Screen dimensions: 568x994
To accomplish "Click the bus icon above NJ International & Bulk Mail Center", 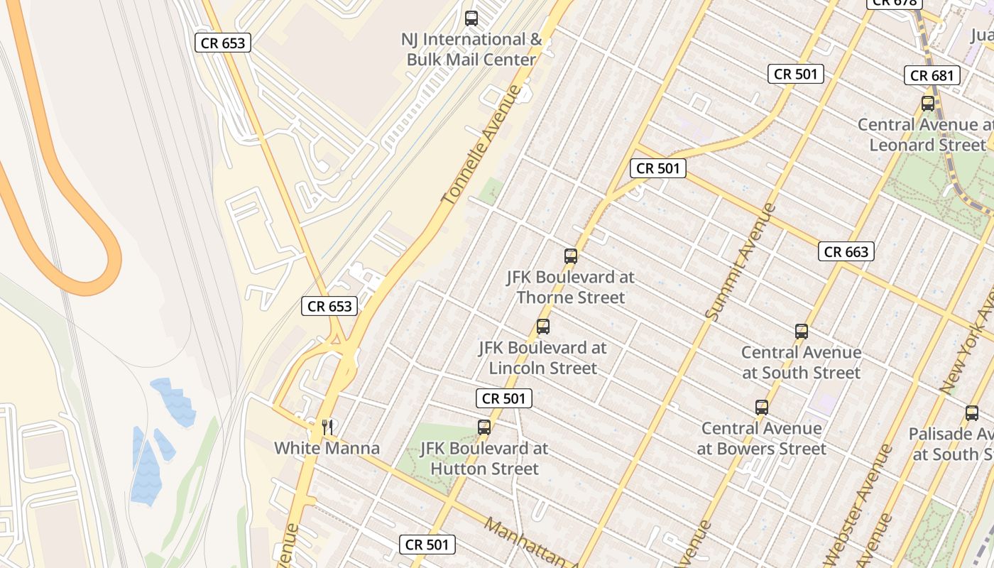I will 471,18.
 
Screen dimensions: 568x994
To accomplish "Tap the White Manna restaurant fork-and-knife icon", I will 327,427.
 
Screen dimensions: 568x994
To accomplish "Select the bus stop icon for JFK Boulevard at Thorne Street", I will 571,256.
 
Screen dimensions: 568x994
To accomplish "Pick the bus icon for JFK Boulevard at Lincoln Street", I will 543,327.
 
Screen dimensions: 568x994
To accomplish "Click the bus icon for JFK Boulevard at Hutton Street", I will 484,427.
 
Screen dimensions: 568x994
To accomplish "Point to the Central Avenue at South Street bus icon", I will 802,332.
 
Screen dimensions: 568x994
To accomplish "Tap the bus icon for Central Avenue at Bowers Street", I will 762,408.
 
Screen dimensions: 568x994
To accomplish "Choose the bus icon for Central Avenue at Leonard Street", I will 928,104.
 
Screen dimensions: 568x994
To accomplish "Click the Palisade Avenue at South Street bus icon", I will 972,413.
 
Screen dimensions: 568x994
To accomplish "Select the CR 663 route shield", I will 846,251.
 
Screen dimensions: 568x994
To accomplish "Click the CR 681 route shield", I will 932,75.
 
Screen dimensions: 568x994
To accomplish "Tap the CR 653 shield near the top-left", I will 223,43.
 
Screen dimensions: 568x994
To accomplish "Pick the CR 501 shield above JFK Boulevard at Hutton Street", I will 504,398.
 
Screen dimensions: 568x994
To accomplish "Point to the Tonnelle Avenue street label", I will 481,146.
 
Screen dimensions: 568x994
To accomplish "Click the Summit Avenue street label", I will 740,261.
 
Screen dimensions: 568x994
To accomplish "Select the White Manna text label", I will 327,448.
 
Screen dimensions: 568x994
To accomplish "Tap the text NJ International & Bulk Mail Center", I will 471,50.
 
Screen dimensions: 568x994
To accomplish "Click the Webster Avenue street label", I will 857,504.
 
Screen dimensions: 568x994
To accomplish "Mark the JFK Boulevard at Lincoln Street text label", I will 543,358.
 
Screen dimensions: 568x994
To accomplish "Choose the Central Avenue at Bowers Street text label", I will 762,438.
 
